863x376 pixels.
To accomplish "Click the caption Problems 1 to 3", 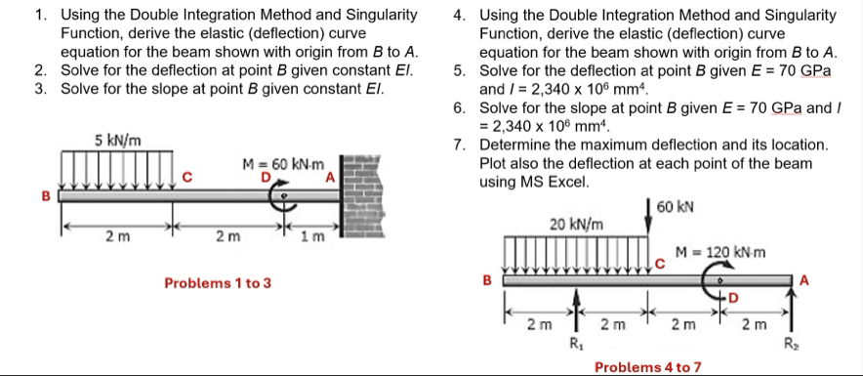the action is tap(218, 283).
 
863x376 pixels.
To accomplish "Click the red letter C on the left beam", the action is tap(190, 177).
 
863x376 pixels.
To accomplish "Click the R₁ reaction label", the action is tap(575, 342).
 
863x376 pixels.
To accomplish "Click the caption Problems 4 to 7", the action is tap(648, 366).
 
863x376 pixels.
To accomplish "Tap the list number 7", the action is tap(459, 145).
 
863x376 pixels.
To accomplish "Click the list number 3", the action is tap(39, 90).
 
